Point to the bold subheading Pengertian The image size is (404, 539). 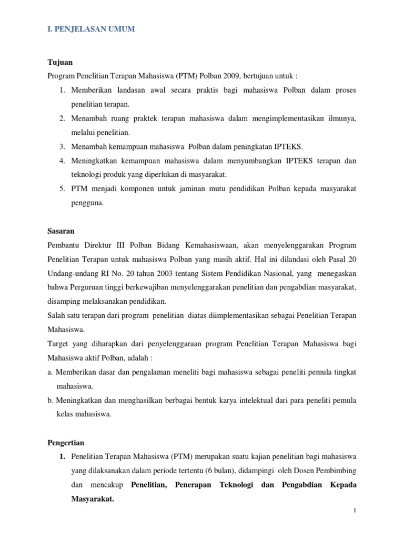pyautogui.click(x=66, y=443)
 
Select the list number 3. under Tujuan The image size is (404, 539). pyautogui.click(x=62, y=146)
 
